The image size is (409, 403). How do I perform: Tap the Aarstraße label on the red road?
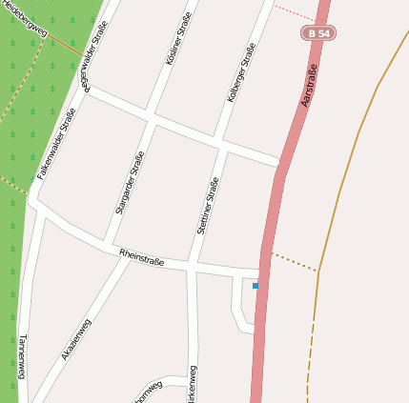[307, 85]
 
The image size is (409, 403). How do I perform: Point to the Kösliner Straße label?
[178, 38]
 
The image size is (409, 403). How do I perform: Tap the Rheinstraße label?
[142, 256]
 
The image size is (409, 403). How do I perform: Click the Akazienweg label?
[77, 339]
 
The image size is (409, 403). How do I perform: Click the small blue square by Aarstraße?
[256, 285]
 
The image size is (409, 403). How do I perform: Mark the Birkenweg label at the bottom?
[194, 383]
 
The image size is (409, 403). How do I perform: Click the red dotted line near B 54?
[294, 12]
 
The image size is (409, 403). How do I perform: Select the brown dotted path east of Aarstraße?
[294, 261]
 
